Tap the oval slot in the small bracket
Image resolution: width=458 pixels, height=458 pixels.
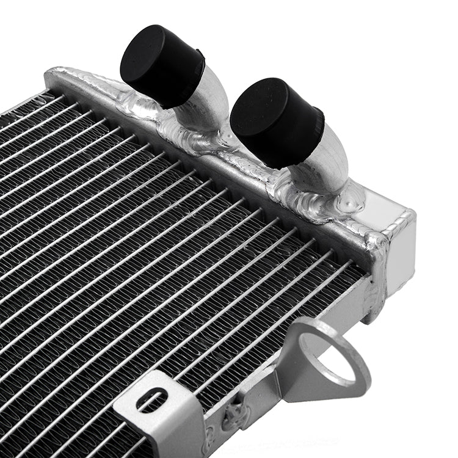(152, 400)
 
